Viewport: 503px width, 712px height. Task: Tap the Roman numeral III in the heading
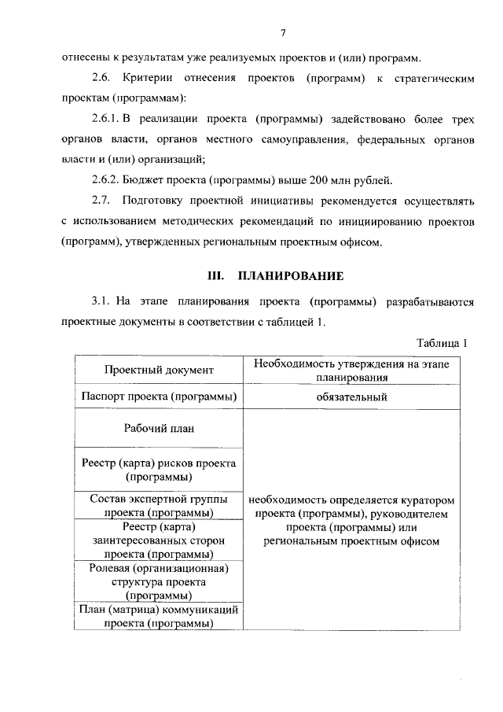pos(215,276)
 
